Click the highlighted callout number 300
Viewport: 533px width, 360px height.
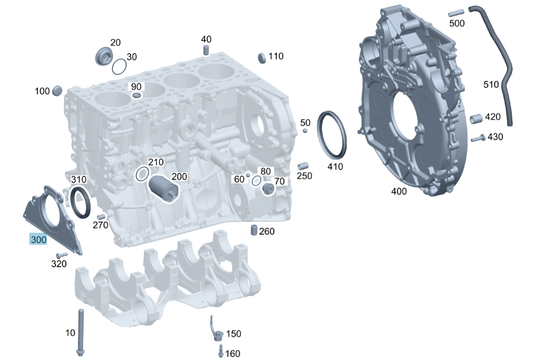tap(38, 240)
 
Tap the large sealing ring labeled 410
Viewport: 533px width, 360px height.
tap(332, 135)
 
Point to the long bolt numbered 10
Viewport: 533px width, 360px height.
tap(81, 332)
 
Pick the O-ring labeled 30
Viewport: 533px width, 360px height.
tap(119, 66)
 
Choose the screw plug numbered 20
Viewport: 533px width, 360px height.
tap(103, 56)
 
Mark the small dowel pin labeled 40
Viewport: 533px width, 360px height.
tap(206, 50)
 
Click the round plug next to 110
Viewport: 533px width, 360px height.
tap(262, 58)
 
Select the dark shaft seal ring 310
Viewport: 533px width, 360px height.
tap(80, 202)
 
